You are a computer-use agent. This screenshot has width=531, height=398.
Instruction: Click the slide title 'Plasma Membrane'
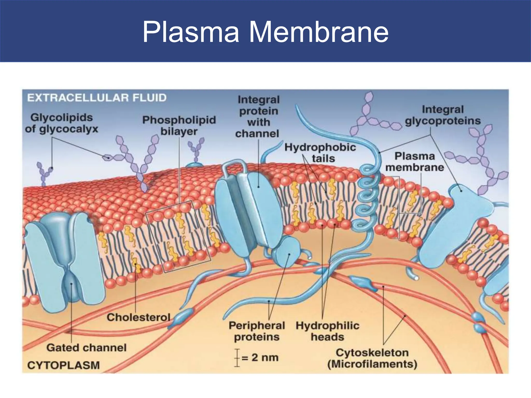[x=265, y=32]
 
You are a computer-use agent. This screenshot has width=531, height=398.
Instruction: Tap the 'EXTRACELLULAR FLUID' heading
[x=97, y=98]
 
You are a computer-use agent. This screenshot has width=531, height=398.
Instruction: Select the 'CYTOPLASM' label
[x=64, y=365]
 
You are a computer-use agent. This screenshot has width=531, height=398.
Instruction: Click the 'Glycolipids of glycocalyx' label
[x=62, y=123]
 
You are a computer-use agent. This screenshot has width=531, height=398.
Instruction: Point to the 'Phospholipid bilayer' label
[x=179, y=125]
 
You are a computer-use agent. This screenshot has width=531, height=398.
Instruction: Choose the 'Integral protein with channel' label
[x=258, y=117]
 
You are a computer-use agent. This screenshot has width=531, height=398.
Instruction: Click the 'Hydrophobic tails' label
[x=320, y=153]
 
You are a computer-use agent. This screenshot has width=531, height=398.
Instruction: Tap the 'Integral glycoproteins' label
[x=443, y=115]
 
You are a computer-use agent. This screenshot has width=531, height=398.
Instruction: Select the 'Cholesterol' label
[x=138, y=317]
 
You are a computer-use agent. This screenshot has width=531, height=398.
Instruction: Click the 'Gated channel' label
[x=87, y=347]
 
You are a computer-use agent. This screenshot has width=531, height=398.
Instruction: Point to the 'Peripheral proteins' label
[x=257, y=331]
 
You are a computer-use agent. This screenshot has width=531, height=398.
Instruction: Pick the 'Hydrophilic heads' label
[x=327, y=331]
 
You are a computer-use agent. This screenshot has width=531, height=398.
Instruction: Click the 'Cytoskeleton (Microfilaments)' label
[x=372, y=358]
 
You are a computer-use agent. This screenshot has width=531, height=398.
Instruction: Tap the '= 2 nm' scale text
[x=260, y=358]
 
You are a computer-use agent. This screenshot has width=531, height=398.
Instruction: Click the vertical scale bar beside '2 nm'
[x=237, y=358]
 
